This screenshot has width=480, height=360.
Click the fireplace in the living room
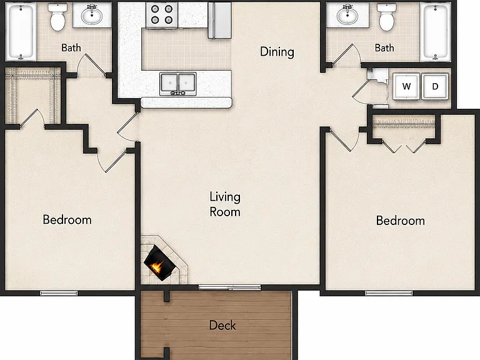tap(159, 262)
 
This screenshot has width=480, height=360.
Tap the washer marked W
tap(406, 86)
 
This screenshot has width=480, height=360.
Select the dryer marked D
tap(435, 86)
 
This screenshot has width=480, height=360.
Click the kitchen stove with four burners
tap(162, 15)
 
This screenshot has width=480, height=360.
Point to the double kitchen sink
tap(178, 84)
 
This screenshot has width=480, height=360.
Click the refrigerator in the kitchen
tap(219, 20)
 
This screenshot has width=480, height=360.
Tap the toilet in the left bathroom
tap(57, 17)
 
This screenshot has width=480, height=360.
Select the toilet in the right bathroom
tap(387, 17)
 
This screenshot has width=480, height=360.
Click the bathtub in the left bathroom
tap(21, 31)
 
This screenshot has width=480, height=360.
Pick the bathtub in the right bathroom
tap(435, 32)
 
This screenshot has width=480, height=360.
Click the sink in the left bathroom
tap(92, 15)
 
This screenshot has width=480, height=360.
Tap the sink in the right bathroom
tap(347, 15)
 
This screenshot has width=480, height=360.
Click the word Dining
tap(277, 51)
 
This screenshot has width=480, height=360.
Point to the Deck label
tap(222, 325)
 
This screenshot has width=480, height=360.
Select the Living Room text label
tap(225, 204)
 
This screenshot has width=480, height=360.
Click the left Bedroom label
tap(67, 219)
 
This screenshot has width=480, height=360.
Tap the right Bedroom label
tap(401, 221)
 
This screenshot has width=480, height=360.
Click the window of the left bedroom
tap(59, 293)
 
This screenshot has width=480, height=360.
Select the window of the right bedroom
tap(389, 293)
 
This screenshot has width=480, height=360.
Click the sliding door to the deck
tap(229, 287)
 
